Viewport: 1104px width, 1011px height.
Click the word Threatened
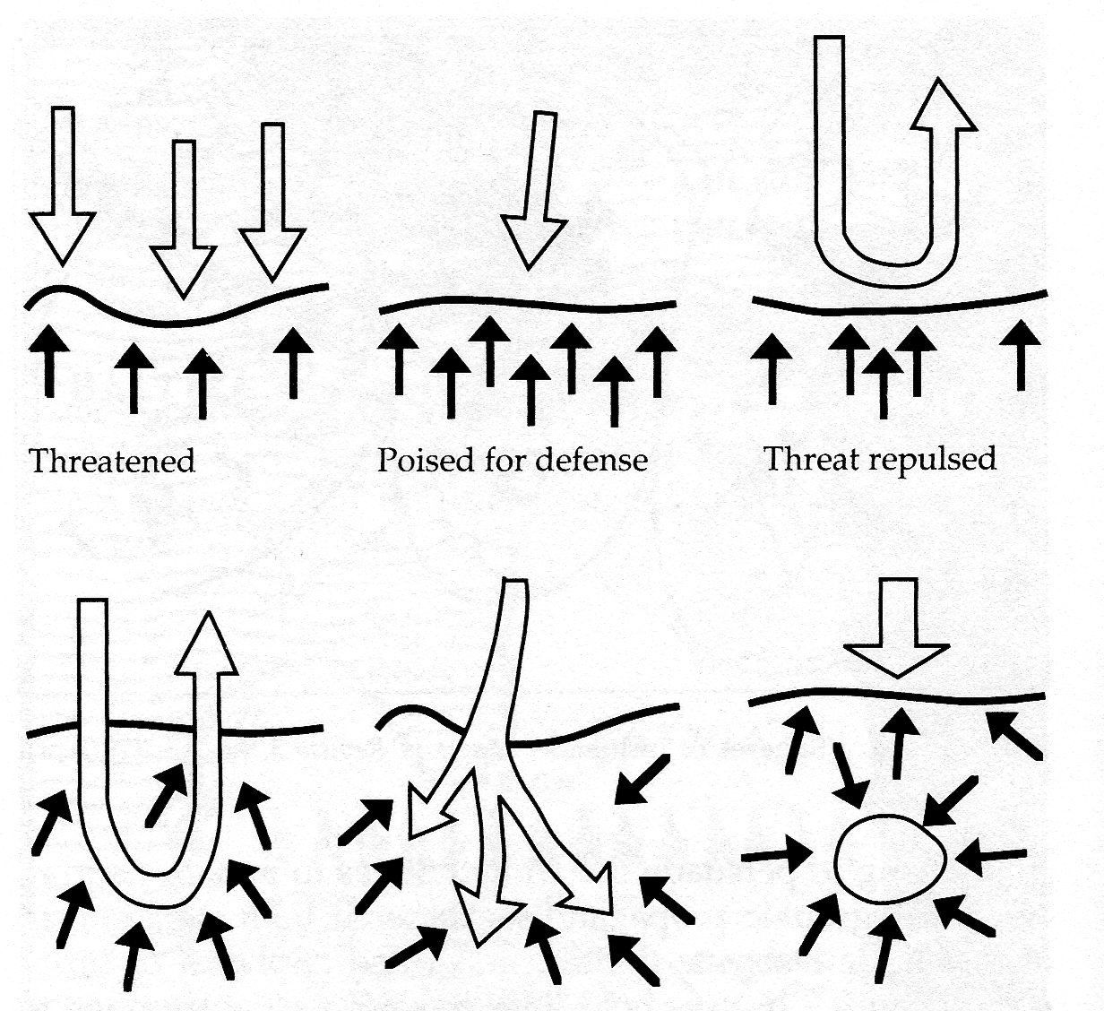click(112, 461)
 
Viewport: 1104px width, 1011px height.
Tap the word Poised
click(422, 460)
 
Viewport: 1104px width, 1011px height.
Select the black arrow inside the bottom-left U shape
click(168, 792)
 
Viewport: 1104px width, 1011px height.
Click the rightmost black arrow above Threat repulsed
click(1021, 354)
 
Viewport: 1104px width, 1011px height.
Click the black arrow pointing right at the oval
click(778, 856)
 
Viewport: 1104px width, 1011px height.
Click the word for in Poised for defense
click(507, 460)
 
